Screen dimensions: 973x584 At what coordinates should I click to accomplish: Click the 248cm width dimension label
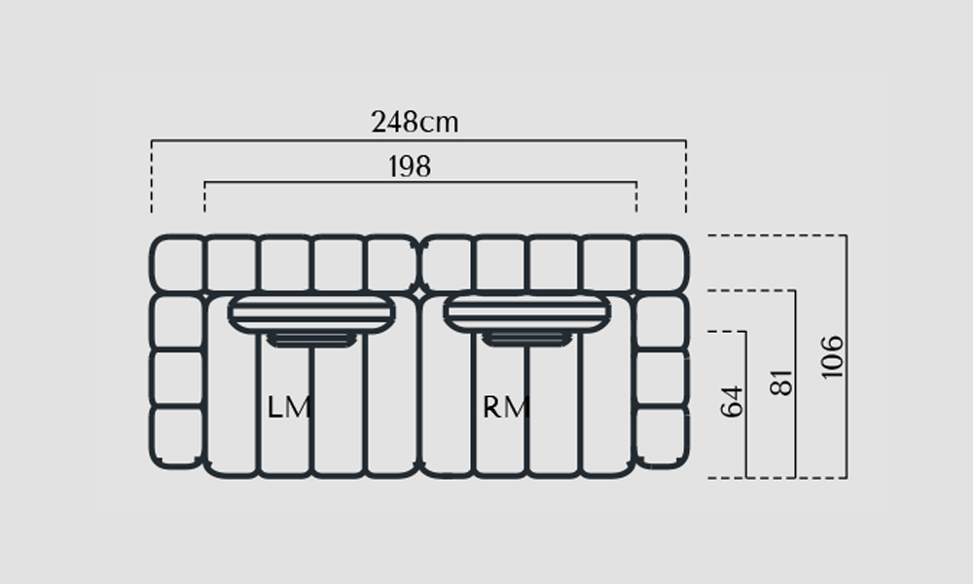pyautogui.click(x=414, y=122)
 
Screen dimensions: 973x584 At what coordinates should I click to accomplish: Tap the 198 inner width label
pyautogui.click(x=410, y=166)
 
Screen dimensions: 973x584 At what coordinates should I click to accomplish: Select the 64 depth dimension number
pyautogui.click(x=733, y=402)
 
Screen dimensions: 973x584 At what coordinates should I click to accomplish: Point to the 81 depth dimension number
pyautogui.click(x=782, y=382)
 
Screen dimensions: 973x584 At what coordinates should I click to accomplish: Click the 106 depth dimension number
pyautogui.click(x=833, y=357)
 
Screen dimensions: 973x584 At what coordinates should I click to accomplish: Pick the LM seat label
pyautogui.click(x=289, y=408)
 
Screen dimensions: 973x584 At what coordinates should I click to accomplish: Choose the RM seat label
pyautogui.click(x=506, y=408)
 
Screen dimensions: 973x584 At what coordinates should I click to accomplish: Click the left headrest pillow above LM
pyautogui.click(x=311, y=313)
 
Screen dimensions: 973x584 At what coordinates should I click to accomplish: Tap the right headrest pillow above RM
pyautogui.click(x=526, y=313)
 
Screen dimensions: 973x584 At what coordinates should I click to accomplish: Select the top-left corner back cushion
pyautogui.click(x=177, y=263)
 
